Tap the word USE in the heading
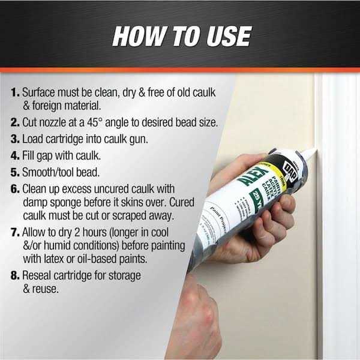[223, 35]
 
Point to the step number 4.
[15, 156]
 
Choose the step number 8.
[15, 275]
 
